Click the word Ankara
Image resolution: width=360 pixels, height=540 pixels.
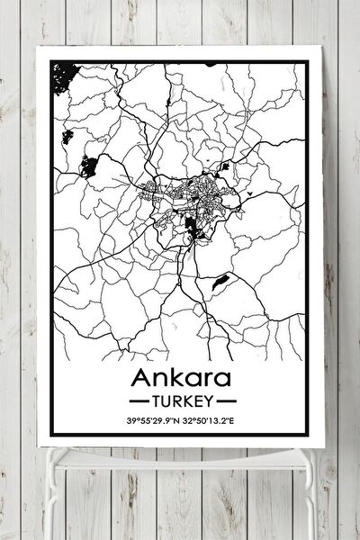(181, 375)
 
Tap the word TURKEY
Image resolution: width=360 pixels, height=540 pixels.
(182, 398)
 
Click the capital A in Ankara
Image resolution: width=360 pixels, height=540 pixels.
(141, 375)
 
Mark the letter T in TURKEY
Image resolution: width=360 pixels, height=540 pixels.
(159, 398)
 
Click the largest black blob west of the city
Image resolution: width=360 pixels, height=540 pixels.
(88, 166)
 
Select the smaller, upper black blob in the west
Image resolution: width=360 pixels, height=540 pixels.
(67, 137)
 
